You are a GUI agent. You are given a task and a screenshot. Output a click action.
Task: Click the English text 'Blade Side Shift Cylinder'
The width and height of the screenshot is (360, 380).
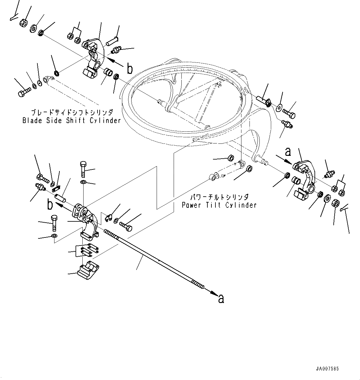[72, 121]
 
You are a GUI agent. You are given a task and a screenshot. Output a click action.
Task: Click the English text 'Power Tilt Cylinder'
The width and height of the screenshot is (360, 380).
[219, 205]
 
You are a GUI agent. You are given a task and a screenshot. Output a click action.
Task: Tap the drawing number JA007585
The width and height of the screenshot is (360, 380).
[327, 369]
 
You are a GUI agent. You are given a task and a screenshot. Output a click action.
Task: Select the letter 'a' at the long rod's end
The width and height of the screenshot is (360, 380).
[221, 299]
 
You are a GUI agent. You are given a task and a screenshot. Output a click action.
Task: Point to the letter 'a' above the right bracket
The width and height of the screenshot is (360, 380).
[288, 152]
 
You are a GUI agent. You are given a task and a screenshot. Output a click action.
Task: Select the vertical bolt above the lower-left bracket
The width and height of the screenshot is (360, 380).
[83, 169]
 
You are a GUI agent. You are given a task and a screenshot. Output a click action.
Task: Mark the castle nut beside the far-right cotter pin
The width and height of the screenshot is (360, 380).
[335, 204]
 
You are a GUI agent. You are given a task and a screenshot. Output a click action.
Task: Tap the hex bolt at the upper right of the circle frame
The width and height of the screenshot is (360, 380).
[289, 114]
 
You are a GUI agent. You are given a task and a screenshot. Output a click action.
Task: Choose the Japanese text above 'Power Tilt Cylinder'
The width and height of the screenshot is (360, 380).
[219, 197]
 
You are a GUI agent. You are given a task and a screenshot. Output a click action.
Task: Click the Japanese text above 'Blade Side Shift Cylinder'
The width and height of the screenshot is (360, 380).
[72, 113]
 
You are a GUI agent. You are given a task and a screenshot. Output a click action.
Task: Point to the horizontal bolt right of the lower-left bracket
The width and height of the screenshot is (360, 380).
[125, 226]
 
